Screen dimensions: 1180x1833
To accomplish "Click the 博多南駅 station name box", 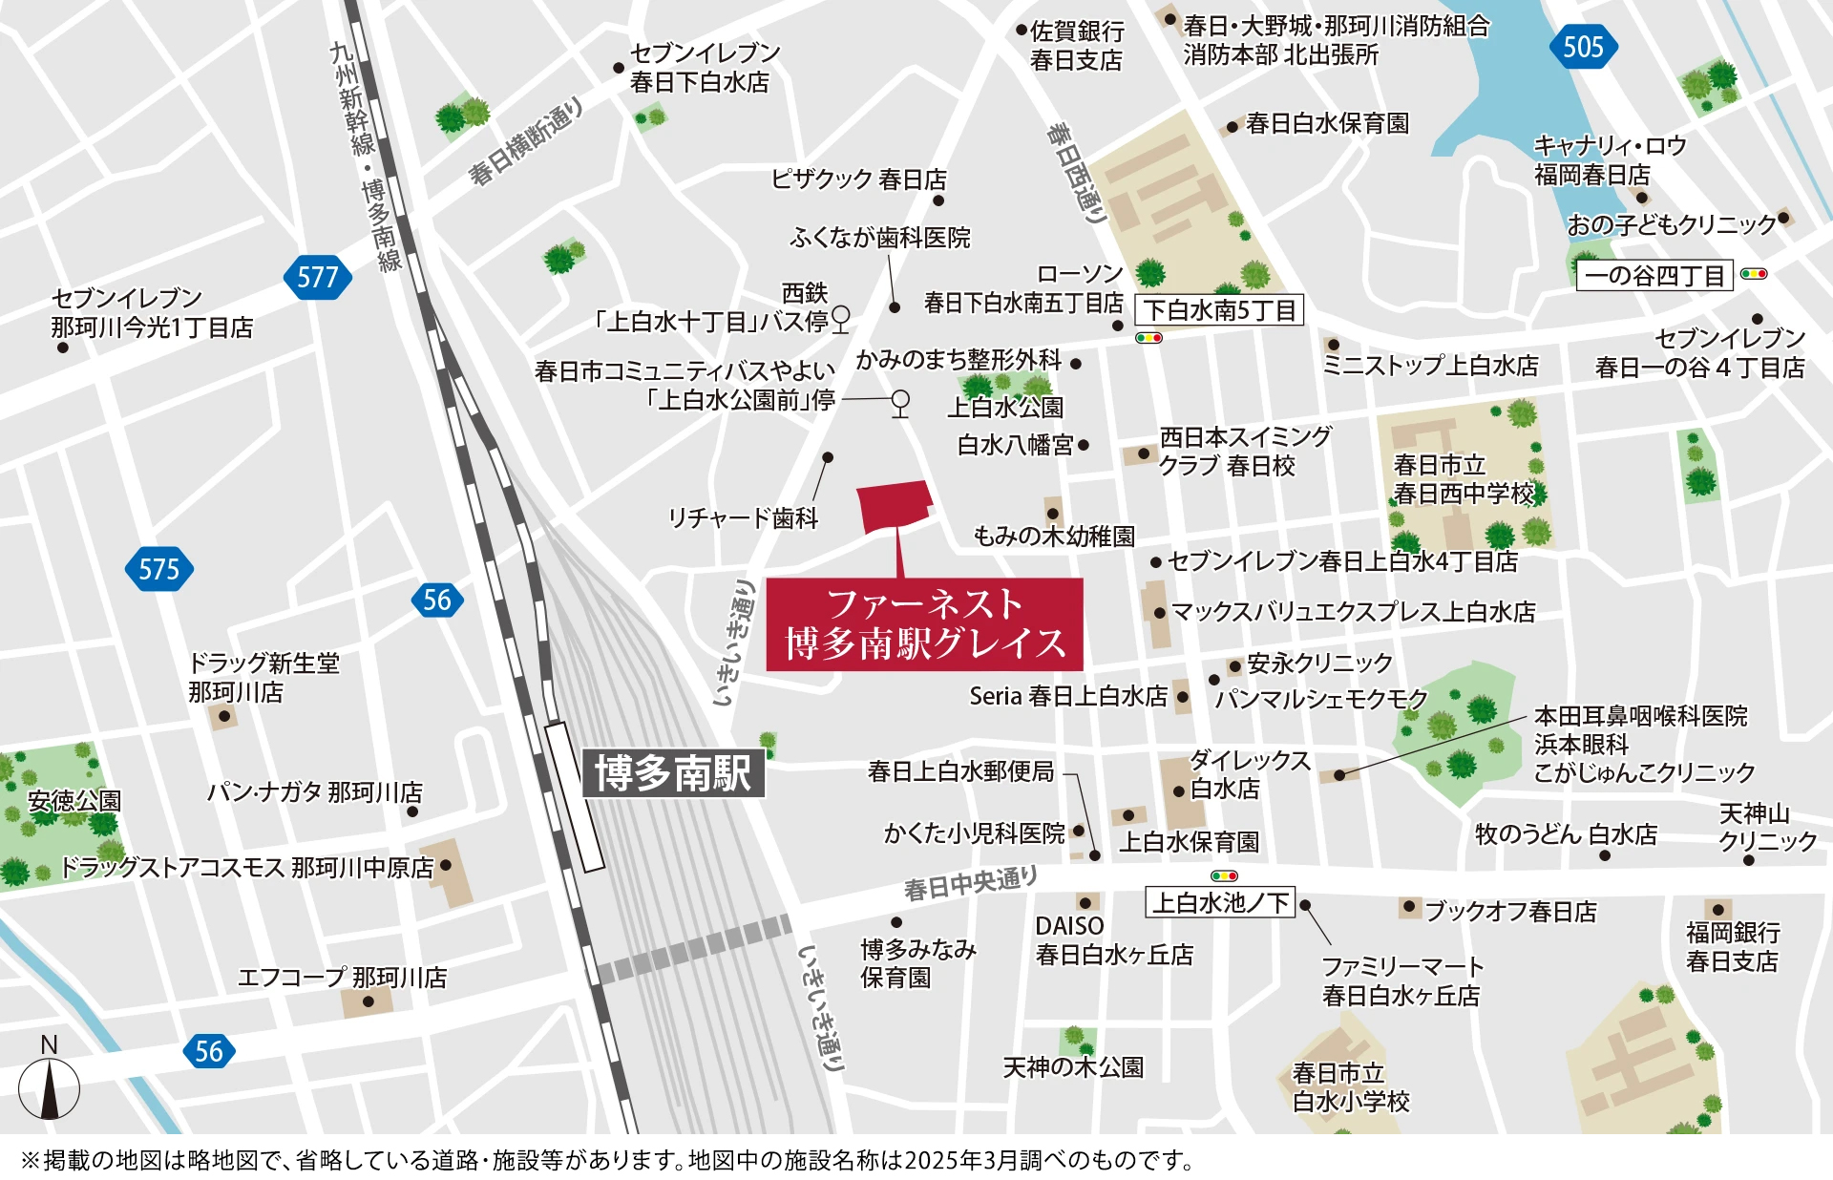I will pos(673,772).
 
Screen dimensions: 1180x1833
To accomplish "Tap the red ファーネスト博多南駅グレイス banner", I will pos(924,624).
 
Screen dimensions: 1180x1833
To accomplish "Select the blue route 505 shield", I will pos(1582,47).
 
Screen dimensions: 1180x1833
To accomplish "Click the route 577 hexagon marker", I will pos(318,277).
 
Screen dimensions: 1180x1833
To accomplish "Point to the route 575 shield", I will pos(158,569).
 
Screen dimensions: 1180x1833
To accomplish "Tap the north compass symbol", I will pos(49,1088).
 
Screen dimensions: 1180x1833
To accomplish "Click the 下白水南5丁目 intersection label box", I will pos(1218,309).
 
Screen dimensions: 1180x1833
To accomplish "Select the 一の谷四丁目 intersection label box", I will pos(1654,275).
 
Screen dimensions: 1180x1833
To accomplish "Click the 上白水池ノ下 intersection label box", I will pos(1220,902).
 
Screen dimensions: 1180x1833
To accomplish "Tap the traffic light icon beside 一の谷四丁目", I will pos(1754,274).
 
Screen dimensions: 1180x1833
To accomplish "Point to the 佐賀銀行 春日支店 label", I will pos(1076,46).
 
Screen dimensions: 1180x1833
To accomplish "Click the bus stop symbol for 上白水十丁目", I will pos(840,317).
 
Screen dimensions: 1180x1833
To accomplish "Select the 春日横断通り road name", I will pos(525,143).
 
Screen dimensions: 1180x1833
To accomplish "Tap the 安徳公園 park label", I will pos(74,800).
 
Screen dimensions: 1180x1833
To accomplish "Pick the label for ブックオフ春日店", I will pos(1510,911).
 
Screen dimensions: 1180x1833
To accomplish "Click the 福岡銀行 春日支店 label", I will pos(1732,945).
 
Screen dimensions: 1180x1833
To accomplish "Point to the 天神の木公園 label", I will pos(1072,1066).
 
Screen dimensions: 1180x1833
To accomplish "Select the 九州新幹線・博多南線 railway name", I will pos(368,158).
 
